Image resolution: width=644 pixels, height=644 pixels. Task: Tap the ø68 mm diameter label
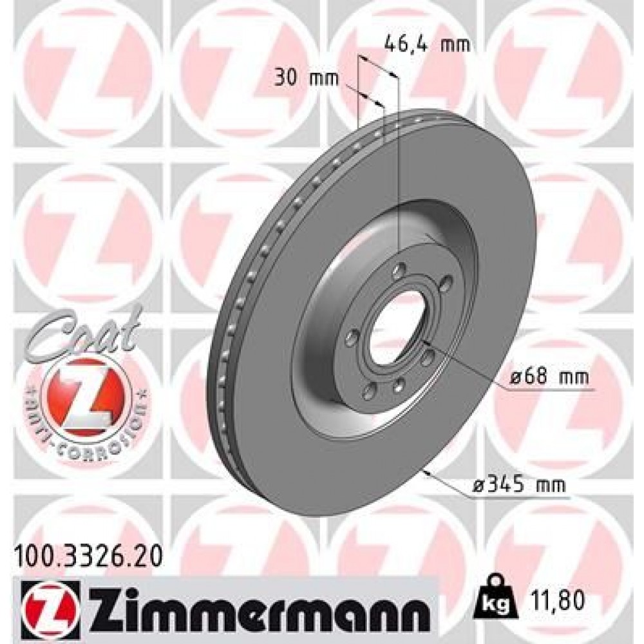pyautogui.click(x=549, y=378)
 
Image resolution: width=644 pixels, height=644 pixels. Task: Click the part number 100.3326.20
pyautogui.click(x=88, y=553)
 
